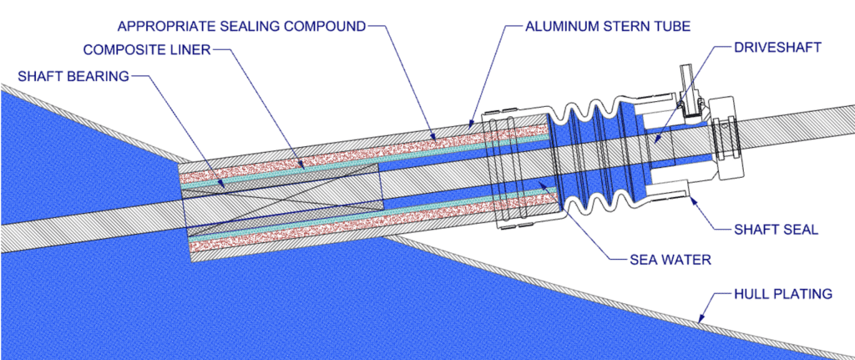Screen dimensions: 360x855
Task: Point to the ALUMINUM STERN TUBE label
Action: (x=608, y=26)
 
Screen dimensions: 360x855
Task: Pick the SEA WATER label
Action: (x=668, y=260)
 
